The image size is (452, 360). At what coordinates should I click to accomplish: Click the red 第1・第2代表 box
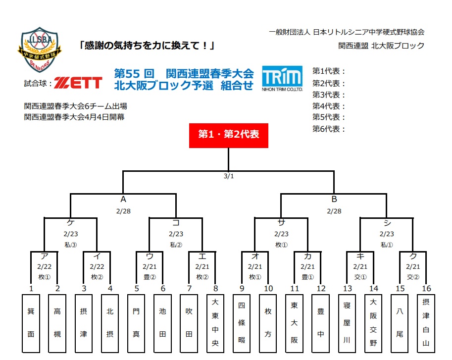[228, 135]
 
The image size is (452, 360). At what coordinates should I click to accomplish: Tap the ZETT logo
[78, 83]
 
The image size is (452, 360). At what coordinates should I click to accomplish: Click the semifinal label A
[123, 200]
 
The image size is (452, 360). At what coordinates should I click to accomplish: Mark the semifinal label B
[334, 200]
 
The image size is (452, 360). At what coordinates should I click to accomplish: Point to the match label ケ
[70, 223]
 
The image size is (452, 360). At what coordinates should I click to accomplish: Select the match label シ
[386, 223]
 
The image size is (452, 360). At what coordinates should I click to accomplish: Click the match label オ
[255, 257]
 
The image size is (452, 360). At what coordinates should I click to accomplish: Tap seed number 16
[426, 288]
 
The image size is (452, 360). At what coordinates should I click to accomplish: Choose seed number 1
[31, 288]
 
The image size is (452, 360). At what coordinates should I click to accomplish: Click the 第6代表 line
[329, 129]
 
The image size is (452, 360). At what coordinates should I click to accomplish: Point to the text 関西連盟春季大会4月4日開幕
[74, 117]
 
